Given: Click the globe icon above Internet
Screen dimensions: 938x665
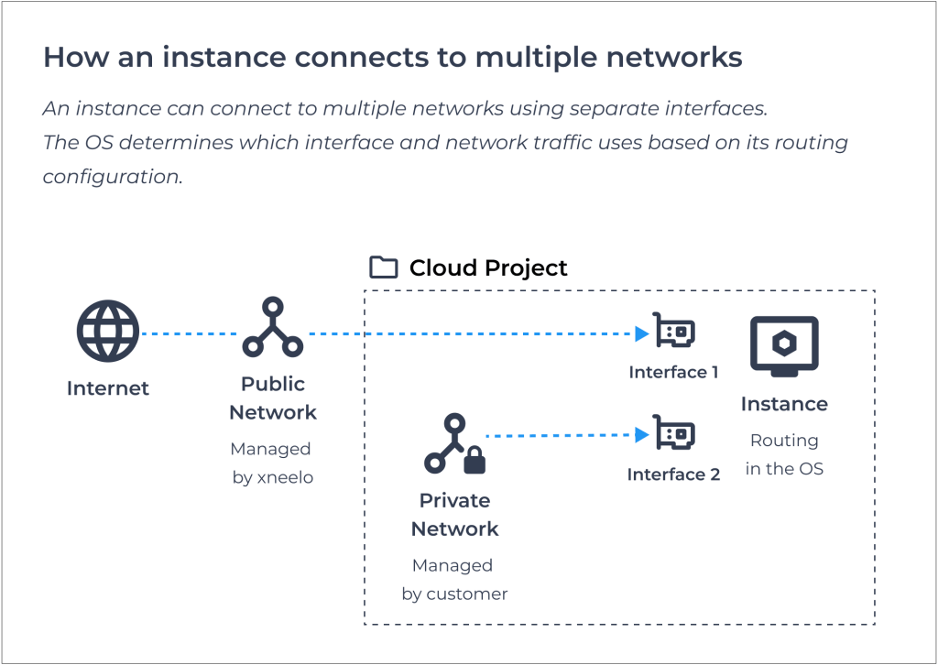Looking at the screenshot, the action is [108, 331].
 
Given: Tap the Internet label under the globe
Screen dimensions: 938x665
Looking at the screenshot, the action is [108, 388].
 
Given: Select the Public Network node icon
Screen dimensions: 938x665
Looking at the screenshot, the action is [273, 327].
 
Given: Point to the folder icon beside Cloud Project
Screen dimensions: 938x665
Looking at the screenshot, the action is [384, 267].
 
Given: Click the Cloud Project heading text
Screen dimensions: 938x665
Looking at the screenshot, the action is [488, 267].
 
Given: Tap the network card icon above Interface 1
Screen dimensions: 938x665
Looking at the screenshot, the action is [673, 330].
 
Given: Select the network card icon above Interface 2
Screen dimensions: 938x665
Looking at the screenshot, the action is [673, 432].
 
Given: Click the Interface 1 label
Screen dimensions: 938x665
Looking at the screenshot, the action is [673, 372].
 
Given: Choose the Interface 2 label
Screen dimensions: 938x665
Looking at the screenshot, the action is [673, 474].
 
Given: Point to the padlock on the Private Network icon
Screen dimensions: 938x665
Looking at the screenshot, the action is [475, 460].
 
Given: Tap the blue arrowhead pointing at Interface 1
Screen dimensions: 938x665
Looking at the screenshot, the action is [642, 333].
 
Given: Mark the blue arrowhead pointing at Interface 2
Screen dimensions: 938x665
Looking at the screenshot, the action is [642, 435].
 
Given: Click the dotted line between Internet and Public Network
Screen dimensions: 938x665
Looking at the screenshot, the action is [189, 333].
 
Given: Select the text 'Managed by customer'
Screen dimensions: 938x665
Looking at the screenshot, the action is [454, 580].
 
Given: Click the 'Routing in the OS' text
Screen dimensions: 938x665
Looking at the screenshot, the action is [784, 454].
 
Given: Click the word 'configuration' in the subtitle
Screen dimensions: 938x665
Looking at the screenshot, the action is [113, 177].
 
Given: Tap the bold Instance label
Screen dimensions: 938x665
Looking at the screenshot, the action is [784, 404].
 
